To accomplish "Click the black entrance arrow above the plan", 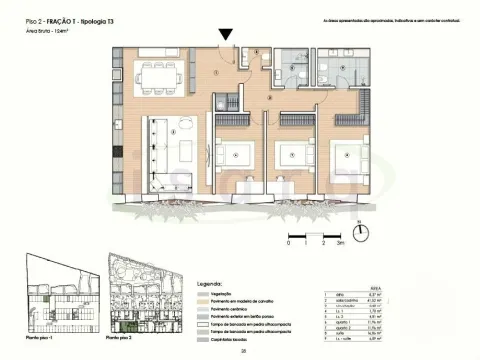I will tap(227, 34).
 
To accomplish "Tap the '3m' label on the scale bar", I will tap(340, 243).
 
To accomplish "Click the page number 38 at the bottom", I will tap(241, 352).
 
